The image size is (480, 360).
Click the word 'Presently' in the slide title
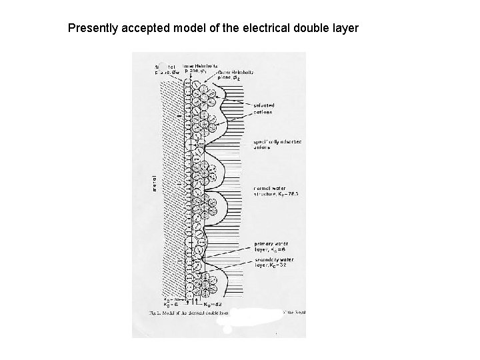point(92,29)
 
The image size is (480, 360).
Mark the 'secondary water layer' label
point(272,262)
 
